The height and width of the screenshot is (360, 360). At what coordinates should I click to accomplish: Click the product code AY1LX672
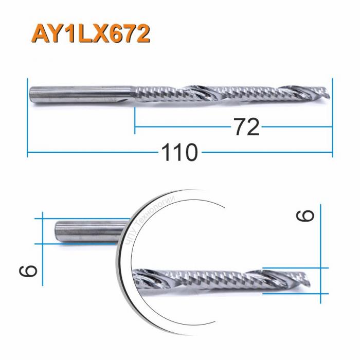click(91, 34)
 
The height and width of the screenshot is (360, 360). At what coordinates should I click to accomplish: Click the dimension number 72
click(246, 127)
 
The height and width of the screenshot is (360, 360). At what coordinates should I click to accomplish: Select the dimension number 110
click(180, 153)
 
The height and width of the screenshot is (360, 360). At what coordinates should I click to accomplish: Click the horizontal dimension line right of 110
click(267, 153)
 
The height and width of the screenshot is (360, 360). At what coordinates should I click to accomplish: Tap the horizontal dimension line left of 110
click(93, 153)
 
